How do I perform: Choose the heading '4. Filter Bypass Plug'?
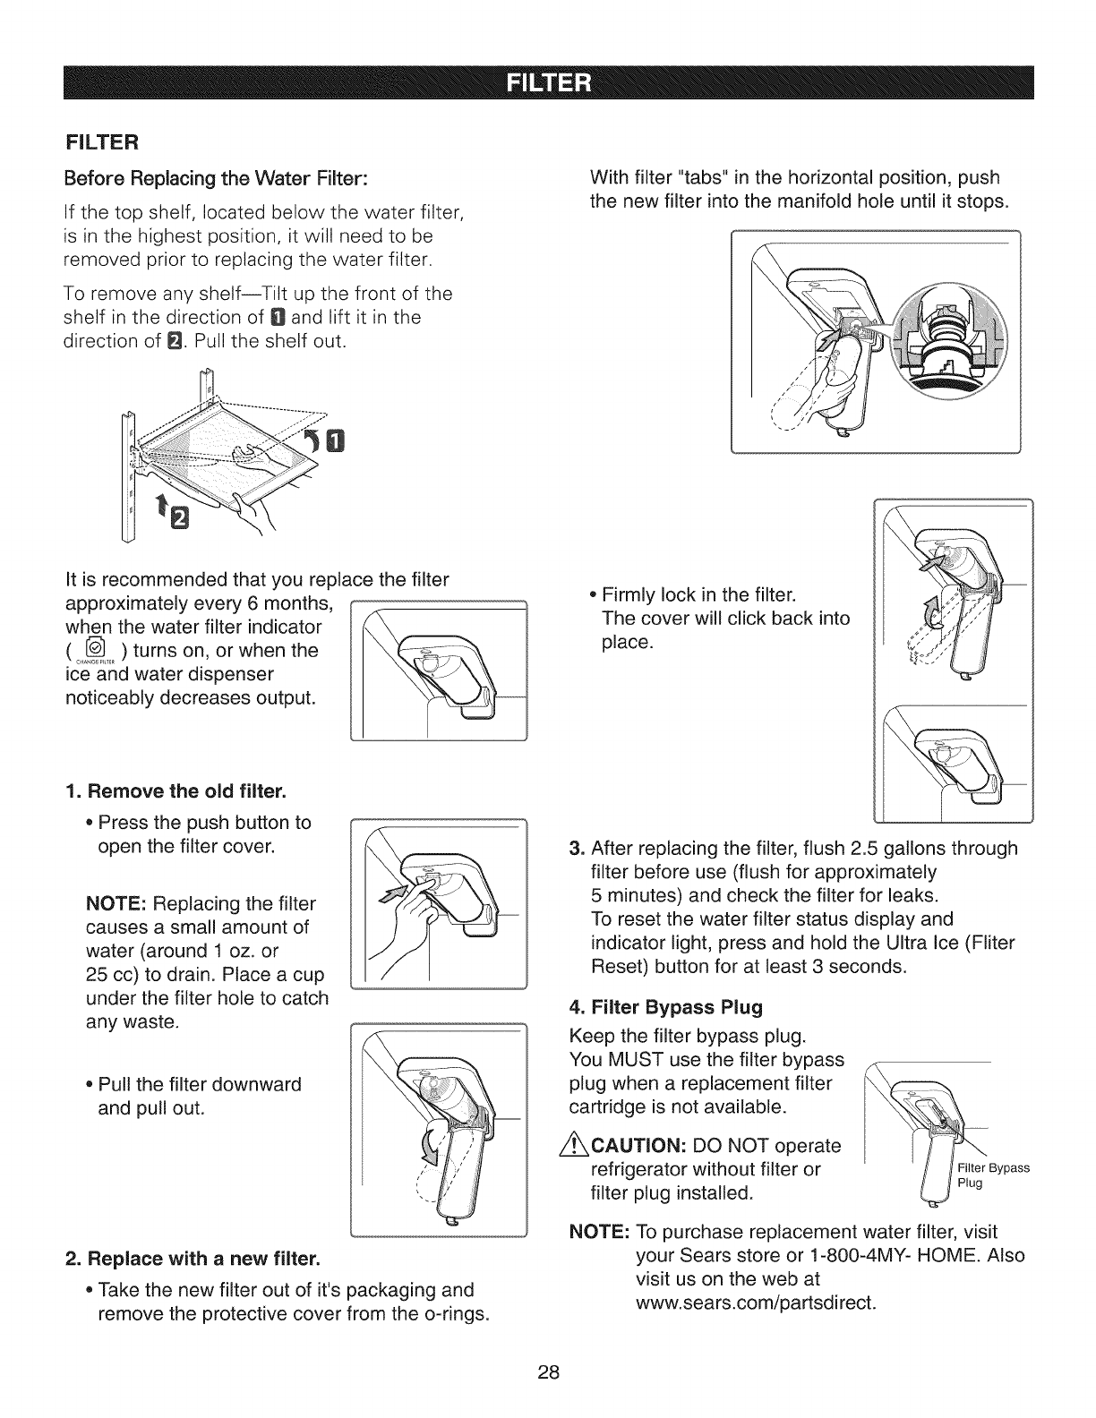tap(666, 1008)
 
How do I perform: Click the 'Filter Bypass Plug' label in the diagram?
tap(992, 1175)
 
